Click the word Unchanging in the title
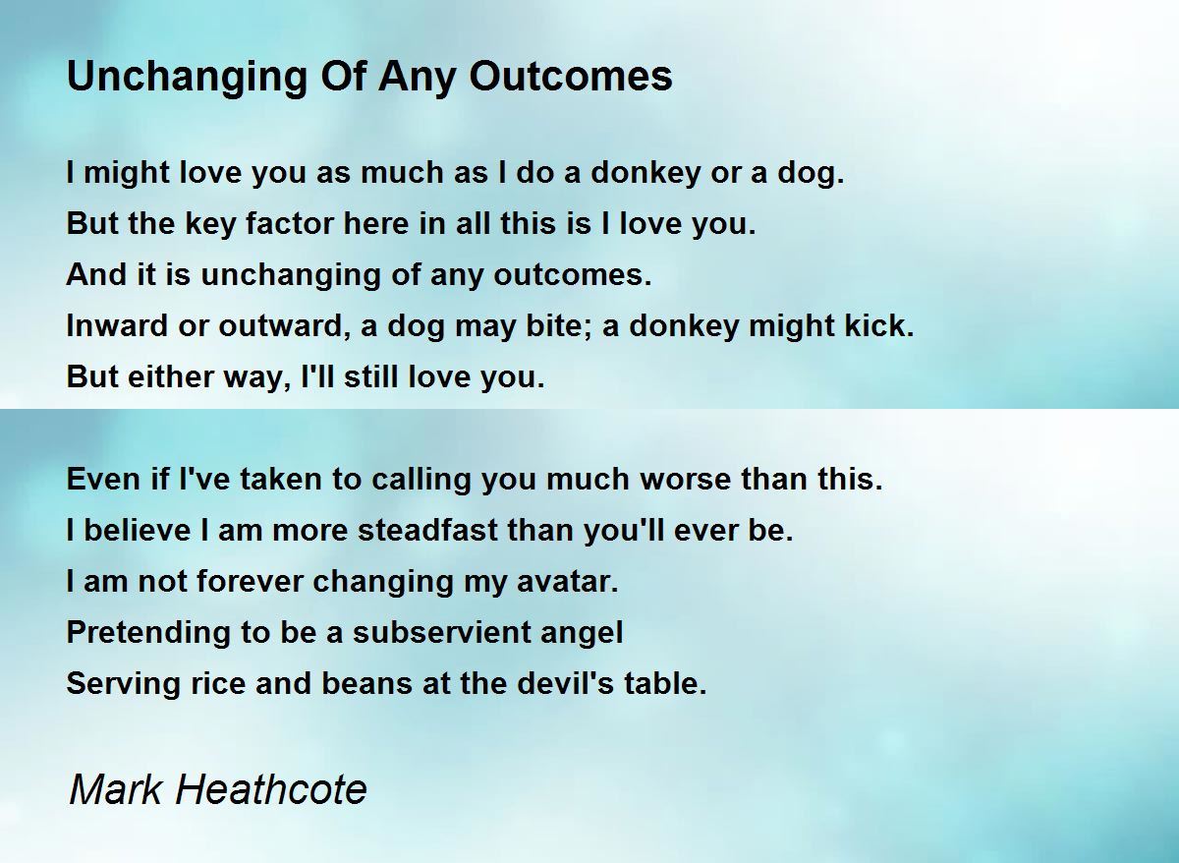pos(187,78)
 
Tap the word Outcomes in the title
pos(571,76)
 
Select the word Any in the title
pos(417,78)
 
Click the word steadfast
pos(427,530)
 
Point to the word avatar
pos(568,581)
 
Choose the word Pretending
pos(148,632)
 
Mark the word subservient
pos(441,632)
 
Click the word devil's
pos(565,683)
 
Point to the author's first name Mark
pos(116,789)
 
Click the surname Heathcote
pos(271,789)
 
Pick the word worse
pos(685,480)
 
